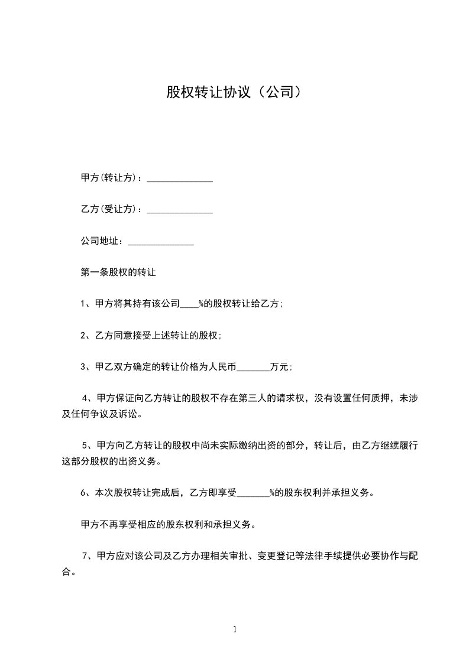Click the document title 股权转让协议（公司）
point(234,93)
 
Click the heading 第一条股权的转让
point(118,273)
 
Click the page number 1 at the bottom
point(235,629)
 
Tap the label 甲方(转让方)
point(110,177)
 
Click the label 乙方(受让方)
point(110,209)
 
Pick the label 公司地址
point(101,241)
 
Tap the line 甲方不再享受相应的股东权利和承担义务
point(168,524)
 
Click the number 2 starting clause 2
point(83,335)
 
